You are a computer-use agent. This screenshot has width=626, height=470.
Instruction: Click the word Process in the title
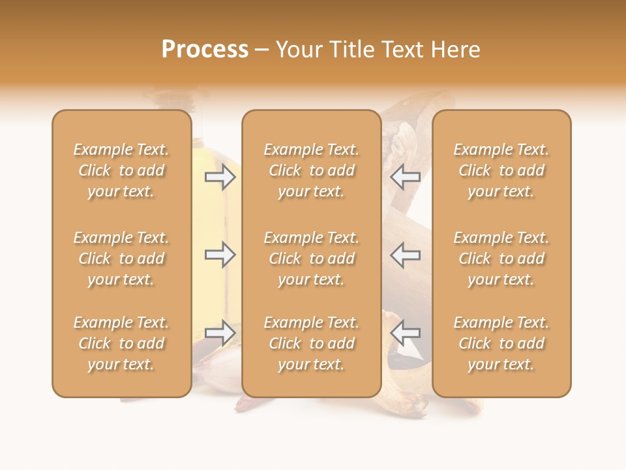tap(205, 50)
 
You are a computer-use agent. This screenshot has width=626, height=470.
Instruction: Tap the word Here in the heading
tap(455, 50)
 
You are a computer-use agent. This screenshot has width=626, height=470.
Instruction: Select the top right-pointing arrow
tap(220, 177)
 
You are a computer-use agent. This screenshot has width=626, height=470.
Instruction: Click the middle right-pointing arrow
tap(220, 255)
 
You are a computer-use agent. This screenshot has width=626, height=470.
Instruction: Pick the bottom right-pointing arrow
tap(220, 333)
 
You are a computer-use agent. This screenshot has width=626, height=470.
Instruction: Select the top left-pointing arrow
tap(405, 177)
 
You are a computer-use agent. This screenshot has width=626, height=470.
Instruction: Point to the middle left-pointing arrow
tap(405, 255)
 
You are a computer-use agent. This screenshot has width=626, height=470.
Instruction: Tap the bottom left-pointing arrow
tap(405, 333)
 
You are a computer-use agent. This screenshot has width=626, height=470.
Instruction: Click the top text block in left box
tap(121, 170)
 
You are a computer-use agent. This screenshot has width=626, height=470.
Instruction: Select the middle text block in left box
tap(121, 258)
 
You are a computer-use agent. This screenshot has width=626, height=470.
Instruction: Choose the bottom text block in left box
tap(121, 343)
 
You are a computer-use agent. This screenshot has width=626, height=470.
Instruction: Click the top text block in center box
tap(312, 170)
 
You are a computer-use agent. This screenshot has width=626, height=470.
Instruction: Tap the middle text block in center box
tap(312, 258)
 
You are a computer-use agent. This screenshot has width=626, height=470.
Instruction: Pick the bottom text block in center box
tap(312, 343)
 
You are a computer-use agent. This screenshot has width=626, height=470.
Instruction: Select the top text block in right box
tap(501, 170)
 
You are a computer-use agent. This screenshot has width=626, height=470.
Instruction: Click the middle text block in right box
tap(501, 258)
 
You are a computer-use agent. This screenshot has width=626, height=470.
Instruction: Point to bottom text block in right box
tap(501, 343)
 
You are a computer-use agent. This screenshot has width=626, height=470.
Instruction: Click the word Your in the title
tap(300, 50)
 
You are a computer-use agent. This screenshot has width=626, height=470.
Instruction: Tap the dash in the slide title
tap(262, 50)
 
